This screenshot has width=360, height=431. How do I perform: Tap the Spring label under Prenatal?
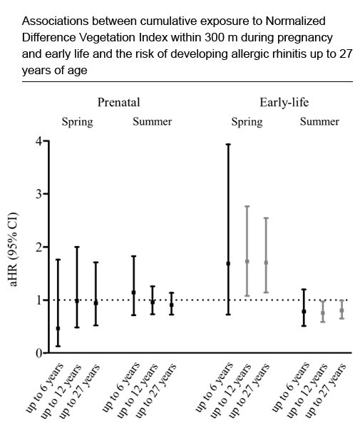pyautogui.click(x=77, y=122)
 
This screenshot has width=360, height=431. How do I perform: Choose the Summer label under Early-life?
pyautogui.click(x=319, y=122)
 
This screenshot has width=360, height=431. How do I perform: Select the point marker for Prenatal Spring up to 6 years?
pyautogui.click(x=58, y=328)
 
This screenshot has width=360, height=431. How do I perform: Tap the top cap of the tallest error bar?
pyautogui.click(x=228, y=144)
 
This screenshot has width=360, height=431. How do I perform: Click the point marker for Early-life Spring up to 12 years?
pyautogui.click(x=247, y=261)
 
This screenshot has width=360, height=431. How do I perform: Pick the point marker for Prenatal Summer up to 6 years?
pyautogui.click(x=133, y=293)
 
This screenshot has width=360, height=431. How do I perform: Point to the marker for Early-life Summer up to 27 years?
pyautogui.click(x=341, y=310)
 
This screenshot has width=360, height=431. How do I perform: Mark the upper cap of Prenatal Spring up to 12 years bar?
pyautogui.click(x=76, y=247)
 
